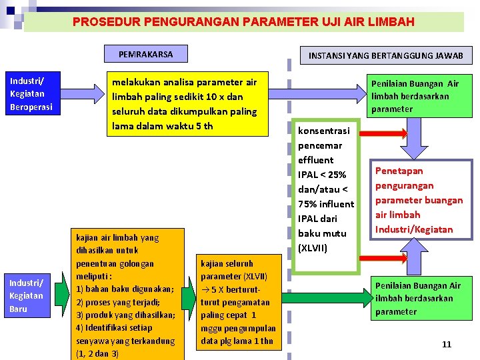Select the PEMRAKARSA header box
145,54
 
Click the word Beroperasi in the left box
31,106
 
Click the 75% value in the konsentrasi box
310,204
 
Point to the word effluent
316,160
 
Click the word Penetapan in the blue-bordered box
399,171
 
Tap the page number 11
447,344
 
